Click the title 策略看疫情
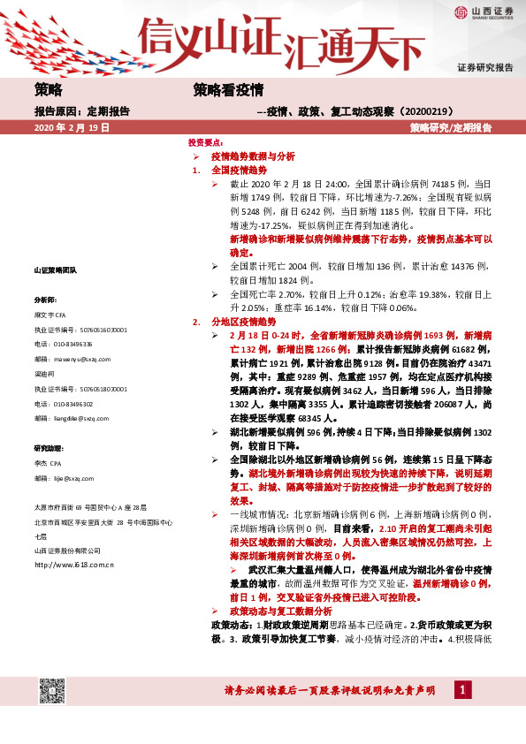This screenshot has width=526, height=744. click(x=229, y=89)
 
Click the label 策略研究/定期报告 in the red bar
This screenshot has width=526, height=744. click(x=451, y=128)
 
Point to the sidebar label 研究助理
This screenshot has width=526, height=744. click(x=50, y=449)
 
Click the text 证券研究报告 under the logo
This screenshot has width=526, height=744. click(x=484, y=67)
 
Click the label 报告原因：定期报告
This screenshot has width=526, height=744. click(x=82, y=111)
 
